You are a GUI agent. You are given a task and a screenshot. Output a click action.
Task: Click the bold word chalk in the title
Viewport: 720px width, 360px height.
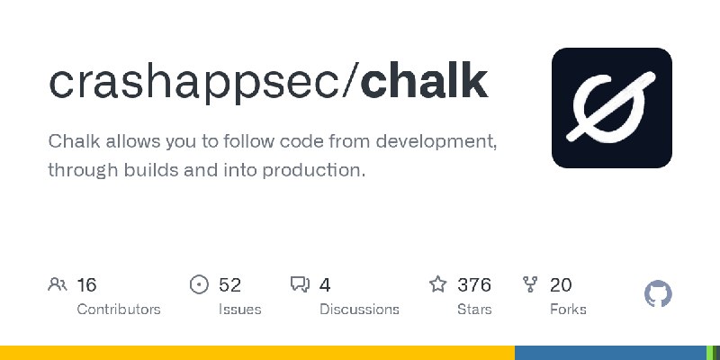pos(424,83)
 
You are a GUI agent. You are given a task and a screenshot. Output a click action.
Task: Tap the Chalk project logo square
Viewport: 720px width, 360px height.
pos(612,108)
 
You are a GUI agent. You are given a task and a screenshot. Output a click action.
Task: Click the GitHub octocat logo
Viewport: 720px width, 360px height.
pos(658,294)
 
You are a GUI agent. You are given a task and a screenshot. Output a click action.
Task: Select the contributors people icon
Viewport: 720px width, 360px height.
pos(58,284)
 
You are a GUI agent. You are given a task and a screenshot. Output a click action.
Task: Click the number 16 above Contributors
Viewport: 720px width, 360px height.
pos(86,285)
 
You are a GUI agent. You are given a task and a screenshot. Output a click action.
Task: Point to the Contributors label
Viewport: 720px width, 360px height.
pos(119,310)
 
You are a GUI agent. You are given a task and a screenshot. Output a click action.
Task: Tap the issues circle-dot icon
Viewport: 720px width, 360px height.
pos(199,284)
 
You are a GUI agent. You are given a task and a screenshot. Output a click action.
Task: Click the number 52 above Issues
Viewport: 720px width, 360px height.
pos(230,285)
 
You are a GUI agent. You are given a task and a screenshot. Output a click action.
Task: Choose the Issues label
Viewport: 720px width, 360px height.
pos(239,310)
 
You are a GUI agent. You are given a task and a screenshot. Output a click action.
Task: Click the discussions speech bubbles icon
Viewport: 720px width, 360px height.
pos(301,284)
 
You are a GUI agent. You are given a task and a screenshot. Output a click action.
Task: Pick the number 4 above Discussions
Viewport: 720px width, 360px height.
pos(325,285)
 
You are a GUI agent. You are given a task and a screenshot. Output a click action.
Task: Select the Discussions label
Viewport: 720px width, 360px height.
pos(359,310)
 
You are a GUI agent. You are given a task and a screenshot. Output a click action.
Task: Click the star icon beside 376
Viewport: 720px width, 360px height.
pos(438,284)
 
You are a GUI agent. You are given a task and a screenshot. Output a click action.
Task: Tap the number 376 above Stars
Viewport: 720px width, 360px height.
pos(474,285)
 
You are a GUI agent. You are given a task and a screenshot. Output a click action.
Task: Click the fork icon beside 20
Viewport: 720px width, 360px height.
pos(530,284)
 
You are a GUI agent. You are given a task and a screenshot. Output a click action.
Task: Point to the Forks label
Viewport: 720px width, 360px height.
pos(568,310)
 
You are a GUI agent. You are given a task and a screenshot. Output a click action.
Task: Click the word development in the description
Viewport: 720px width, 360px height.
pos(436,142)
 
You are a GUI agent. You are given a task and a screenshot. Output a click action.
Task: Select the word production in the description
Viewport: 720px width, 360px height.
pos(314,171)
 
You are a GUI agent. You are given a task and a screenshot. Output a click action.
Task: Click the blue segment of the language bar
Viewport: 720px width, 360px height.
pos(610,353)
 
